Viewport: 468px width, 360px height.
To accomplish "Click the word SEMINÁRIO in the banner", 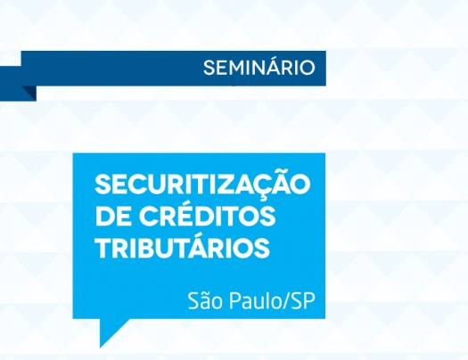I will [x=259, y=68].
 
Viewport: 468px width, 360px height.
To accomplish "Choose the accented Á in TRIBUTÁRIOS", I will [x=209, y=247].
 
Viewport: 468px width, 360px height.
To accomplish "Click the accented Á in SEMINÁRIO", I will [x=270, y=67].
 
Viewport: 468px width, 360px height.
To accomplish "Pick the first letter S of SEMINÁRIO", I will [x=209, y=68].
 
